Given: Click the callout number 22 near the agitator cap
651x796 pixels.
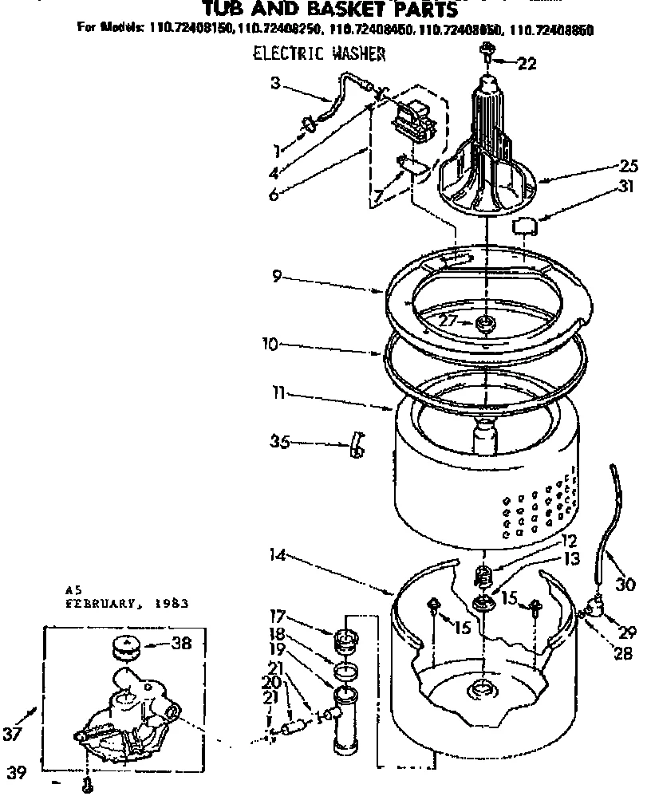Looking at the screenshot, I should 527,65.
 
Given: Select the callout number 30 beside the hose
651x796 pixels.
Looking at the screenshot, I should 625,584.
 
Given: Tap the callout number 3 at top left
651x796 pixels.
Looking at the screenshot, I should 274,82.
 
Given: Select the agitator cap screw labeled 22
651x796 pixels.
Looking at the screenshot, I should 485,53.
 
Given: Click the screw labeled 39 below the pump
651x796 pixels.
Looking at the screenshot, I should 87,785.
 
